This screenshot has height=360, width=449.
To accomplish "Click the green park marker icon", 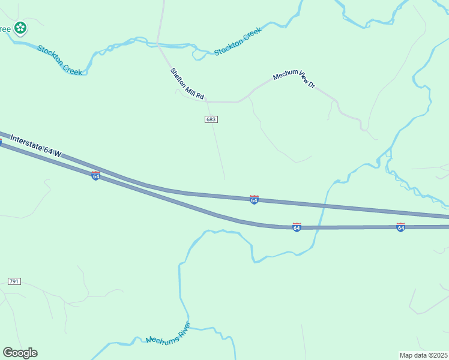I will coord(20,28).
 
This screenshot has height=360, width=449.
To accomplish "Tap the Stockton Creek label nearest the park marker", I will coord(59,59).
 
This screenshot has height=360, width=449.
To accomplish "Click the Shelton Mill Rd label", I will coord(187,84).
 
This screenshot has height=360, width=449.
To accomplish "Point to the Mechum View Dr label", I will coord(294,79).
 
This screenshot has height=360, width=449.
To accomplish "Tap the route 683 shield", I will coord(211,119).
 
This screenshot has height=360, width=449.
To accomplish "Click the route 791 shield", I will coord(14,281).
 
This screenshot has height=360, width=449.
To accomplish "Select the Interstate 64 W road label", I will coord(37,146).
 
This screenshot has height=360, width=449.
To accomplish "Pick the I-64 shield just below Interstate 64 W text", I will coord(95,176).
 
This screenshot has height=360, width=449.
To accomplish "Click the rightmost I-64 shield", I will coord(400,227).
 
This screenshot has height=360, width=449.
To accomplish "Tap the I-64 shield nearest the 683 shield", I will coord(255,200).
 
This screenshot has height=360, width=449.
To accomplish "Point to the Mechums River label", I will coord(168,333).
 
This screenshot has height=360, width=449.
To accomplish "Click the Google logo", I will coord(20,353).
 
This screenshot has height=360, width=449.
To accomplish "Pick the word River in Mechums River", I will coord(181,328).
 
